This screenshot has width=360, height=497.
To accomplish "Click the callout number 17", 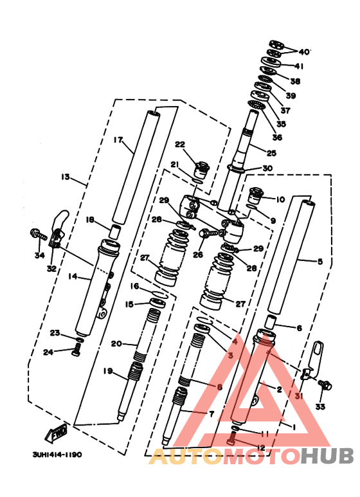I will tap(118, 140).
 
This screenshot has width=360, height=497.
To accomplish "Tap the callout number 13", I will tap(65, 177).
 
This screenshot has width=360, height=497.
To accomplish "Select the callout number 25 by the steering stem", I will tap(271, 153).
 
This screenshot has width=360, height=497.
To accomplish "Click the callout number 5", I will tap(319, 261).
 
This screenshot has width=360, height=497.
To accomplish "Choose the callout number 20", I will tap(116, 343).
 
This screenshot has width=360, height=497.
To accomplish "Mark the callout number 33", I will tap(320, 407).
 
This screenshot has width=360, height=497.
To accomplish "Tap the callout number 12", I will tap(260, 447).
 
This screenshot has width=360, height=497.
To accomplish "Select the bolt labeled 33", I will tap(325, 386).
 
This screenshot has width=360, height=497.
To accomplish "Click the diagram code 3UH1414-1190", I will tap(57, 455).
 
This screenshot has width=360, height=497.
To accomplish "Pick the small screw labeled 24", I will tap(76, 350).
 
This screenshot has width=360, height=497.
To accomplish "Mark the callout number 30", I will tap(267, 168).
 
